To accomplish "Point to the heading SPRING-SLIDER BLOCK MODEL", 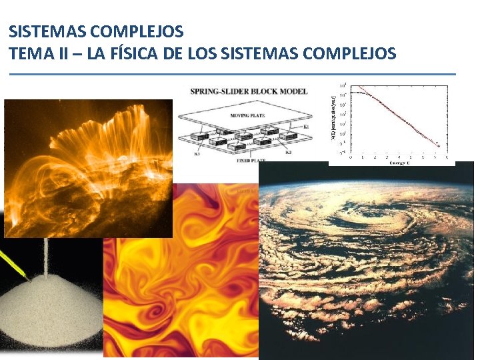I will tap(249, 91).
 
